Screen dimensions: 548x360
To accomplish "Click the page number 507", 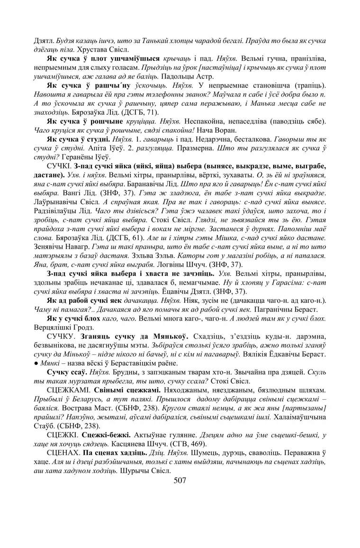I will coord(180,480).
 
